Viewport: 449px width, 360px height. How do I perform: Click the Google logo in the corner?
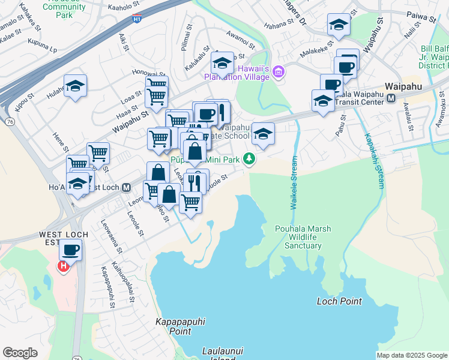coord(20,353)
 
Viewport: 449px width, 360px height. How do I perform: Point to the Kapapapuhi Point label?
coord(173,326)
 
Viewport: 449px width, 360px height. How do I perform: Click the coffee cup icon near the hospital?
coord(70,249)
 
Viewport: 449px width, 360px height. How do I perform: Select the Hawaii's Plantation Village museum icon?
coord(278,73)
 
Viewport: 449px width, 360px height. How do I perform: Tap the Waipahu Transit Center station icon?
coord(391,98)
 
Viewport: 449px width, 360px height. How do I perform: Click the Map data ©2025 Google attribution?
coord(412,355)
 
